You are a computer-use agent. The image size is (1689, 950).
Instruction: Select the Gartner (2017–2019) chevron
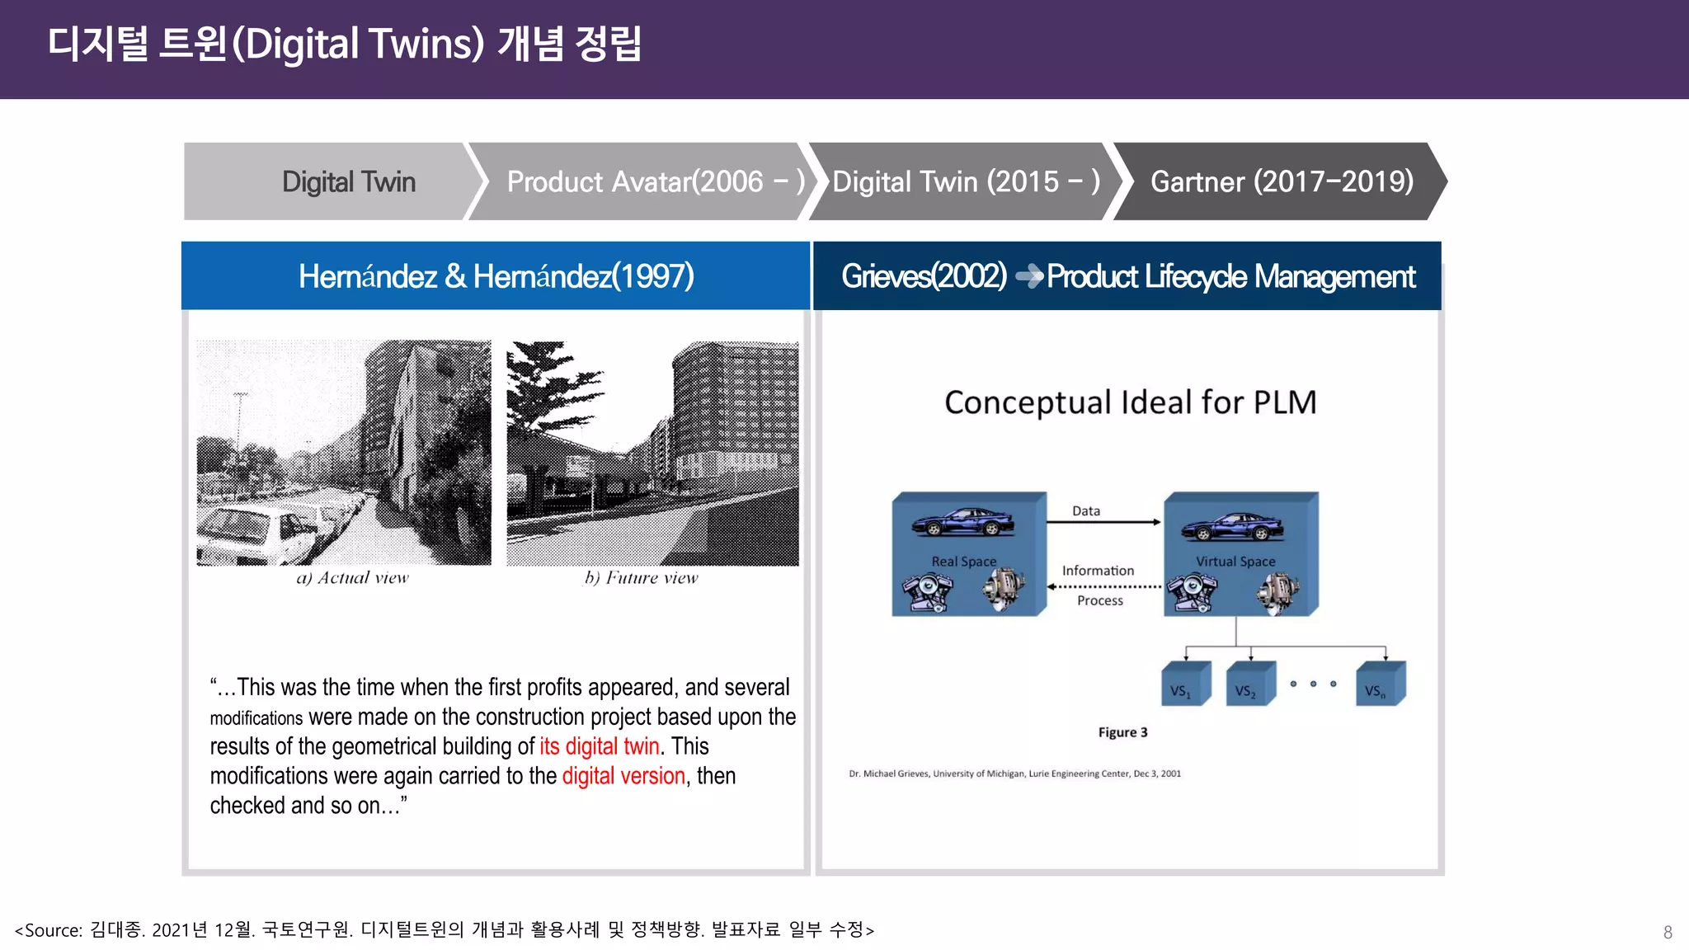click(x=1280, y=181)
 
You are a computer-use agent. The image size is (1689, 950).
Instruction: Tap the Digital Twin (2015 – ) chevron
click(x=965, y=181)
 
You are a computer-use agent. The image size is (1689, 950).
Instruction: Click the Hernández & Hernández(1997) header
click(x=496, y=276)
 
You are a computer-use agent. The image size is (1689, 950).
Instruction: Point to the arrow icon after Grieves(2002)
click(x=1028, y=276)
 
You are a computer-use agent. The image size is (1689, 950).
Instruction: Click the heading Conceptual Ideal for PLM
click(x=1130, y=402)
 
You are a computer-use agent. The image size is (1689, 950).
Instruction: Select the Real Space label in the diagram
click(x=963, y=562)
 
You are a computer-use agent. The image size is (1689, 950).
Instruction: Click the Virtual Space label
click(x=1235, y=562)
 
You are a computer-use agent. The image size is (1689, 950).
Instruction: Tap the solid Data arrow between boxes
click(x=1103, y=522)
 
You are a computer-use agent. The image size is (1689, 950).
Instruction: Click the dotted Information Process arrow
click(x=1103, y=586)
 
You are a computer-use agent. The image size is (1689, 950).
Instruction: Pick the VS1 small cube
click(x=1185, y=684)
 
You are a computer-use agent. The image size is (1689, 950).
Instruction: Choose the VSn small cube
click(x=1379, y=684)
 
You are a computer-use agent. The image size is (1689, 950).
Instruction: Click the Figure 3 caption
click(x=1122, y=732)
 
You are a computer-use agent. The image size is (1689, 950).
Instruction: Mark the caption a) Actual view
click(x=352, y=578)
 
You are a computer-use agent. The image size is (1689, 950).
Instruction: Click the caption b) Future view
click(x=641, y=578)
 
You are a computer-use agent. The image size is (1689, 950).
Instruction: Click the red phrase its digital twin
click(x=599, y=746)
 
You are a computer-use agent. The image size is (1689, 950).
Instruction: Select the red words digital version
click(x=623, y=776)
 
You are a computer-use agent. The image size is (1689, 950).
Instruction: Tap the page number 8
click(x=1667, y=933)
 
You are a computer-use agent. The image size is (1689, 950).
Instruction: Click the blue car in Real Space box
click(x=962, y=523)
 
